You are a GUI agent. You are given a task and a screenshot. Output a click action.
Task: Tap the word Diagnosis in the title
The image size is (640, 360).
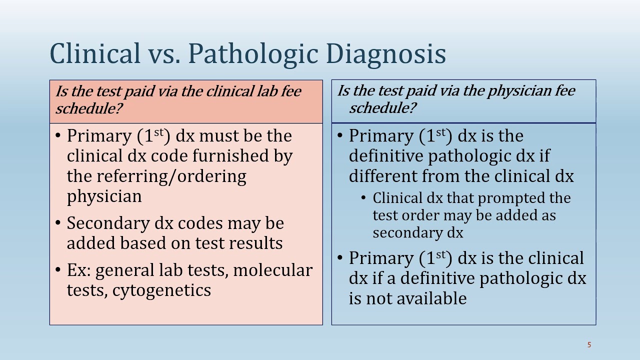(x=385, y=54)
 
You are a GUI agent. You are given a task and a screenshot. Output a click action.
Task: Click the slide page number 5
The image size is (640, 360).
(x=589, y=344)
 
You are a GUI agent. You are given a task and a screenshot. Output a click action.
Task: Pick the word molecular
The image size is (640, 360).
(x=272, y=270)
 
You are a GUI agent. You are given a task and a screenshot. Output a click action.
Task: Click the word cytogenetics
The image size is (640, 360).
(x=161, y=290)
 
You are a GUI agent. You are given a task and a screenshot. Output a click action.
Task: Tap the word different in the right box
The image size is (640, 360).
(x=382, y=176)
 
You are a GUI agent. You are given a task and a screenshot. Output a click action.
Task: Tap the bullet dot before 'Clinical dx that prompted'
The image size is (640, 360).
(x=363, y=198)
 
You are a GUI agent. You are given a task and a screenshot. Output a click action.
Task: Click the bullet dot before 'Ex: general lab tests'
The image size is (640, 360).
(x=58, y=270)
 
